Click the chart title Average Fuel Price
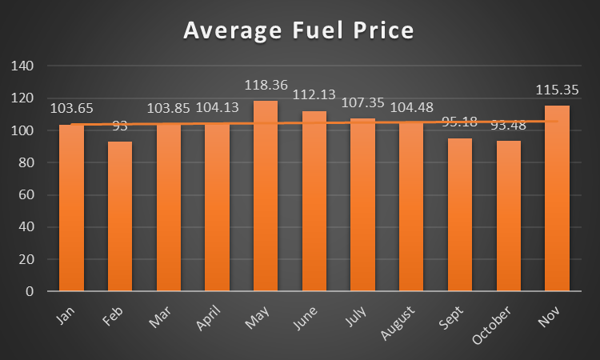pyautogui.click(x=298, y=31)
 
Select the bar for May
pyautogui.click(x=266, y=196)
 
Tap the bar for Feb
pyautogui.click(x=120, y=216)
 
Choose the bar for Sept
pyautogui.click(x=460, y=214)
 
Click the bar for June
pyautogui.click(x=314, y=201)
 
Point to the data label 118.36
pyautogui.click(x=266, y=84)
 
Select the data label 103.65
pyautogui.click(x=71, y=108)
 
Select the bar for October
pyautogui.click(x=508, y=215)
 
